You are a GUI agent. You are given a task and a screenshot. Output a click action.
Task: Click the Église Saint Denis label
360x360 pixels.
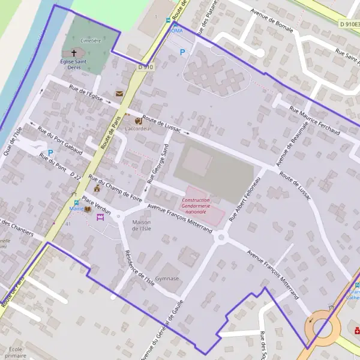pyautogui.click(x=74, y=64)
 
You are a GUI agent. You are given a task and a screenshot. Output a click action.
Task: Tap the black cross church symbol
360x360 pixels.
pyautogui.click(x=74, y=53)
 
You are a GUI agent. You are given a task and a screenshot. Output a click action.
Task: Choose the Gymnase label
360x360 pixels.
pyautogui.click(x=167, y=278)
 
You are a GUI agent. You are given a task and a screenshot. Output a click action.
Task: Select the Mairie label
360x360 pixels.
pyautogui.click(x=76, y=209)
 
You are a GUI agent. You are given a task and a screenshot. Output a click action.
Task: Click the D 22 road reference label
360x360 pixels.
pyautogui.click(x=75, y=175)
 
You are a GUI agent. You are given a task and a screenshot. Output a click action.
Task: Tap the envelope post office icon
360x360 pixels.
pyautogui.click(x=119, y=94)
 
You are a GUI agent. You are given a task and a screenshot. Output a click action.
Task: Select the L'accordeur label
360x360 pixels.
pyautogui.click(x=137, y=128)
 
